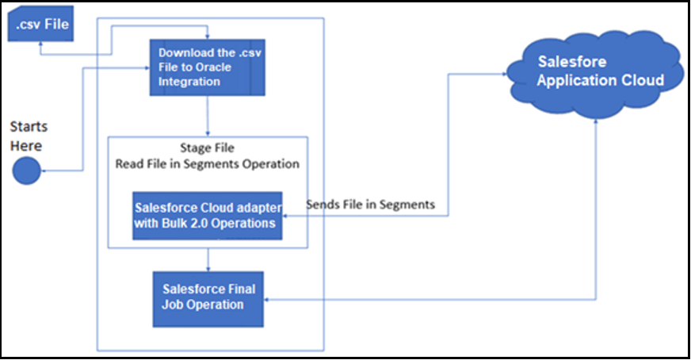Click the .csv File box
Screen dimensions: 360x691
pos(39,25)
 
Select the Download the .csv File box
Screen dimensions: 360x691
pos(206,67)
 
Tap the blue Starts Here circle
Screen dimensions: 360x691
pos(26,170)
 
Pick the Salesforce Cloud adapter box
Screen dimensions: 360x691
pos(208,214)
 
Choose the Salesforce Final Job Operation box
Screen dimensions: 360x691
pos(208,297)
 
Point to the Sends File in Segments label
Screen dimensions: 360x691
pos(370,205)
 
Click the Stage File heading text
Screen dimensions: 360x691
pos(208,148)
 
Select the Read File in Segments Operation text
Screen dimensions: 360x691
pos(208,164)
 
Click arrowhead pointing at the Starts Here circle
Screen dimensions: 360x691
pos(44,170)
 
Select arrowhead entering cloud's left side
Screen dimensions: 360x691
pos(504,74)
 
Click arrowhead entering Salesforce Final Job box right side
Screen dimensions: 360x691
pos(268,299)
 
